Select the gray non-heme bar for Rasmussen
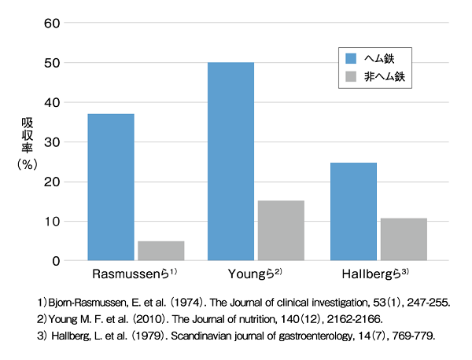point(160,251)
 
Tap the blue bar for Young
point(230,161)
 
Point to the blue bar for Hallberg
point(353,211)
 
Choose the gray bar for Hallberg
point(404,239)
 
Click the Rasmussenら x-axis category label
point(135,276)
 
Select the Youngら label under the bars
point(256,276)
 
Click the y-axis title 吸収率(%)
point(26,142)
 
